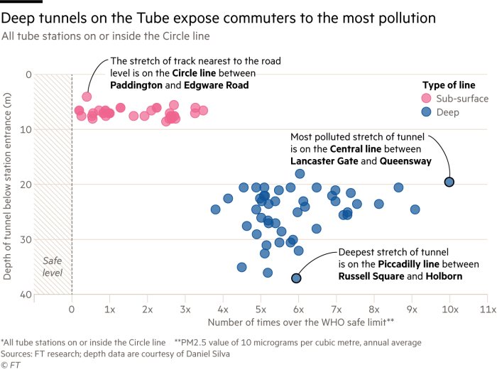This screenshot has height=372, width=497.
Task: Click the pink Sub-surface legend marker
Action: (x=426, y=99)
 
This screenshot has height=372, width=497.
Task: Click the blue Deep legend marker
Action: (x=426, y=112)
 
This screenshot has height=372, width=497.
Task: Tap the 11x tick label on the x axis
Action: (x=487, y=310)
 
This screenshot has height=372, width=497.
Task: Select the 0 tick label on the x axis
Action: (x=72, y=310)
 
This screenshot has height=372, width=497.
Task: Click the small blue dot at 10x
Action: (x=449, y=182)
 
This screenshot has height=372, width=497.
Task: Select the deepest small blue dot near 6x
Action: (x=296, y=278)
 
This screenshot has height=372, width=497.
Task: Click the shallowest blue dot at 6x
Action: (x=300, y=174)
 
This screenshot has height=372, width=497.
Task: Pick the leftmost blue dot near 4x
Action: (x=216, y=209)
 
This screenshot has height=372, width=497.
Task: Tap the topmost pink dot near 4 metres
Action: (x=87, y=97)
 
